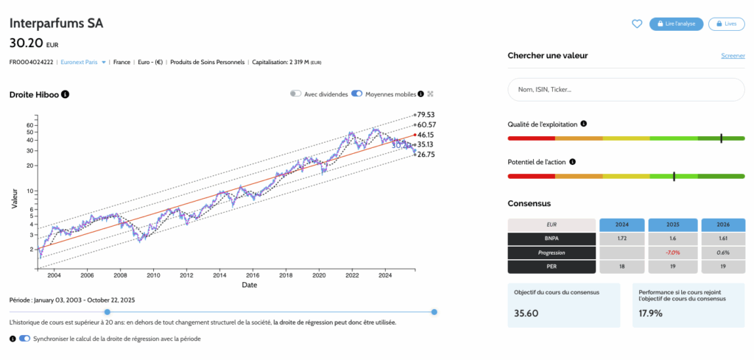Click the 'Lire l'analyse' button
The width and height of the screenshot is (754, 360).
676,24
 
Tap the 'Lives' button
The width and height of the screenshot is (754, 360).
726,24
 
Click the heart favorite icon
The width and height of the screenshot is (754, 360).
637,24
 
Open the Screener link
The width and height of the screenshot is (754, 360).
732,56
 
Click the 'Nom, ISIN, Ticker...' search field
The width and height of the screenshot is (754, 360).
625,89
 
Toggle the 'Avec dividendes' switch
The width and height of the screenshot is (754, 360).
296,93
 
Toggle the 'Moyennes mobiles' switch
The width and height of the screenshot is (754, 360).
357,93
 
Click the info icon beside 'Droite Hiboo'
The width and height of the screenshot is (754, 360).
66,94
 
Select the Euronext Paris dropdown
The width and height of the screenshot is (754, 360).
83,62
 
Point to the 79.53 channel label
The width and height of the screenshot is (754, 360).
426,115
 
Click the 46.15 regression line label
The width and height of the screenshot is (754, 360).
426,135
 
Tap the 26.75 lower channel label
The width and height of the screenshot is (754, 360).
426,155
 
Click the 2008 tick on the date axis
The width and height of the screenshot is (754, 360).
120,275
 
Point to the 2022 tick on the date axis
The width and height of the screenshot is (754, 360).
352,275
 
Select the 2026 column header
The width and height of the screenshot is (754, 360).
720,225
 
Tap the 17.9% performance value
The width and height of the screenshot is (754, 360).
650,313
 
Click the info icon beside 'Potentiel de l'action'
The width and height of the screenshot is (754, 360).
572,161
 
